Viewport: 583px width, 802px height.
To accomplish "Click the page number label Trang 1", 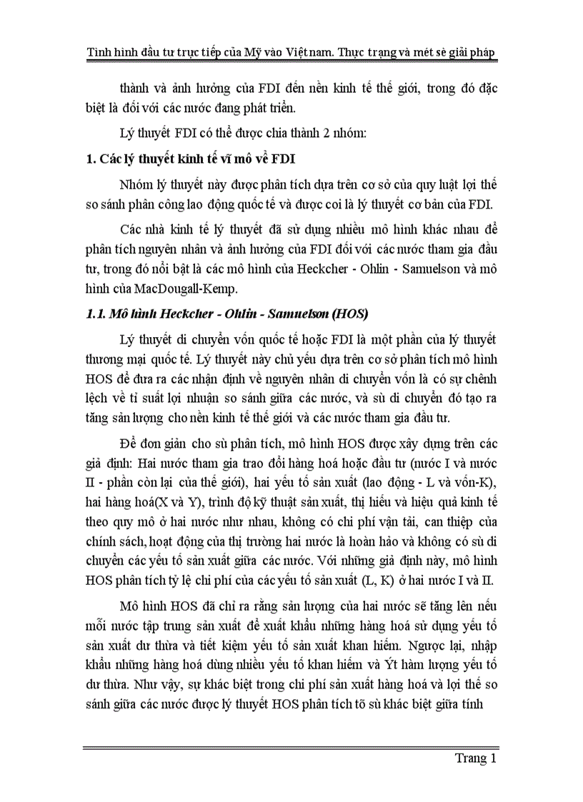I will (475, 758).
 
